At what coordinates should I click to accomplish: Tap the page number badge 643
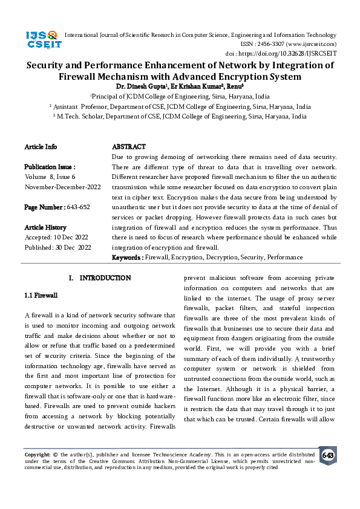pos(328,455)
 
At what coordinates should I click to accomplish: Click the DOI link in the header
pos(289,53)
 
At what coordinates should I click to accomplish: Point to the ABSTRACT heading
pos(129,147)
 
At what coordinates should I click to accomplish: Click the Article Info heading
pos(41,147)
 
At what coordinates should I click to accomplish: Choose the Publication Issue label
pos(50,166)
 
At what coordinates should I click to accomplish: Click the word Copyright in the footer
pos(37,453)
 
